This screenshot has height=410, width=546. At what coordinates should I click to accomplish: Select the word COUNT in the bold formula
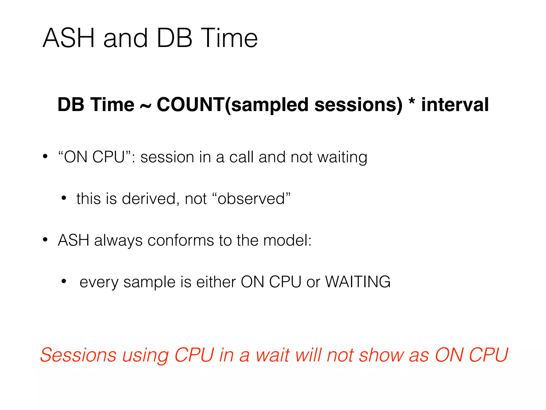pos(190,104)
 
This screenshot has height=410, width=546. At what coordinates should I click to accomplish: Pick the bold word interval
pos(455,104)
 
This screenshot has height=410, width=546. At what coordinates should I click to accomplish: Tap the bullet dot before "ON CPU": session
pos(45,156)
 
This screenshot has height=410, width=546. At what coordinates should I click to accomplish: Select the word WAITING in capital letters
pos(358,282)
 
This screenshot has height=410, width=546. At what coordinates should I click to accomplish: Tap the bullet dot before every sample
pos(63,281)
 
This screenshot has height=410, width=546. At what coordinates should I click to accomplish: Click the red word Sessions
pos(78,355)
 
